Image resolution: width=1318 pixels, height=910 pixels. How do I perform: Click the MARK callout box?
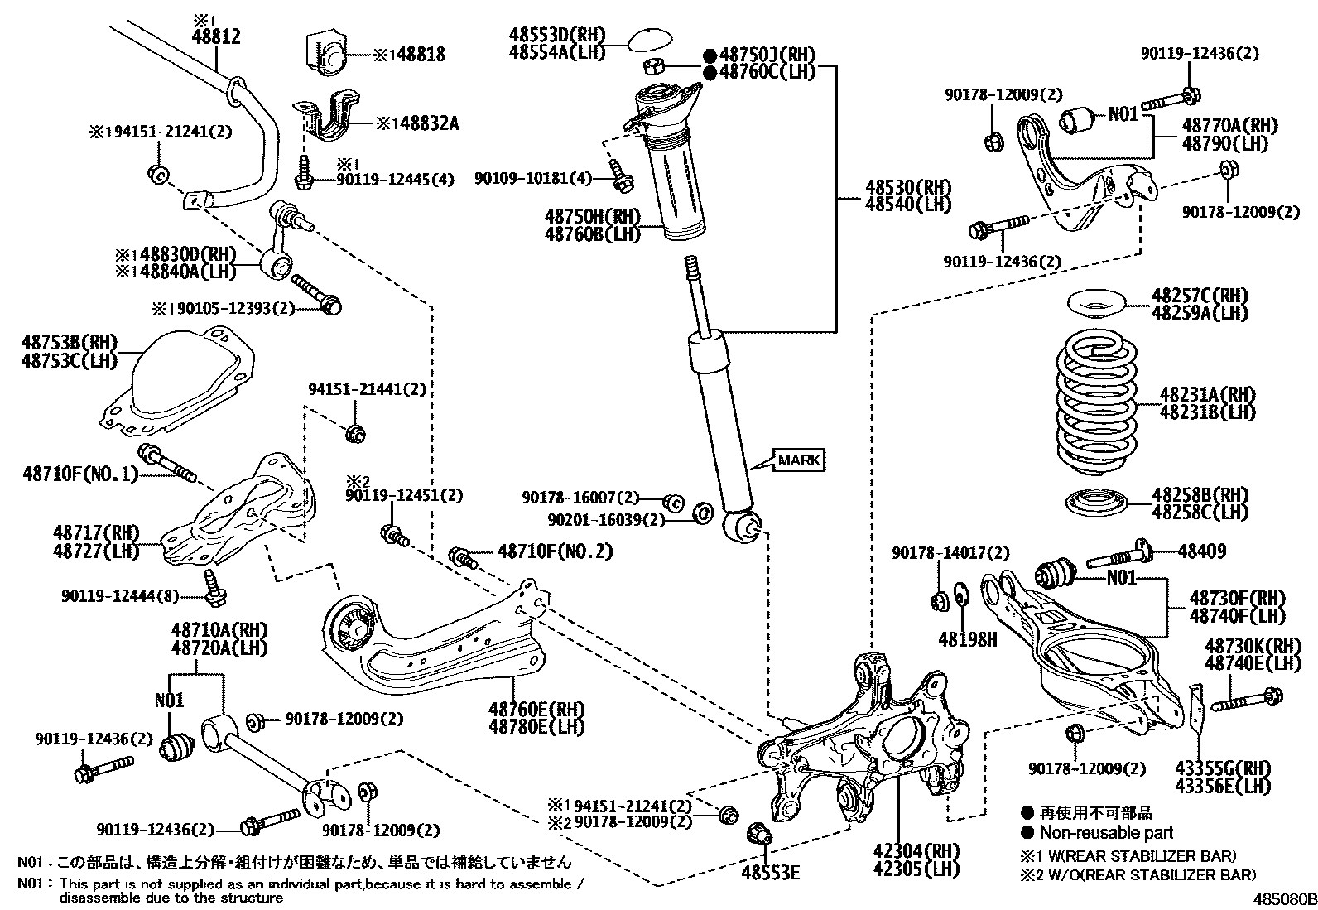point(800,460)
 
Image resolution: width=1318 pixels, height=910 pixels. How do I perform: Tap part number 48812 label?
point(216,36)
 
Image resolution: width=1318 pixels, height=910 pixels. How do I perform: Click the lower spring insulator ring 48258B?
point(1095,503)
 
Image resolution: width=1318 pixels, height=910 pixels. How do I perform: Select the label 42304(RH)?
point(915,850)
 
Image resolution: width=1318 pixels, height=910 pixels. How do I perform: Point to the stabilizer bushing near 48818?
point(329,54)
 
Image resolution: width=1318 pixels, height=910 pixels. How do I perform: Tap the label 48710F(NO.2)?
point(555,551)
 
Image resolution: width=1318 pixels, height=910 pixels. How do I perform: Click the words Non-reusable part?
point(1106,833)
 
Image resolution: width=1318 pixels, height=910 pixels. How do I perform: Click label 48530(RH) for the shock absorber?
point(908,187)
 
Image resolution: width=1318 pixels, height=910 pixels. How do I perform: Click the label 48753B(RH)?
point(70,343)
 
